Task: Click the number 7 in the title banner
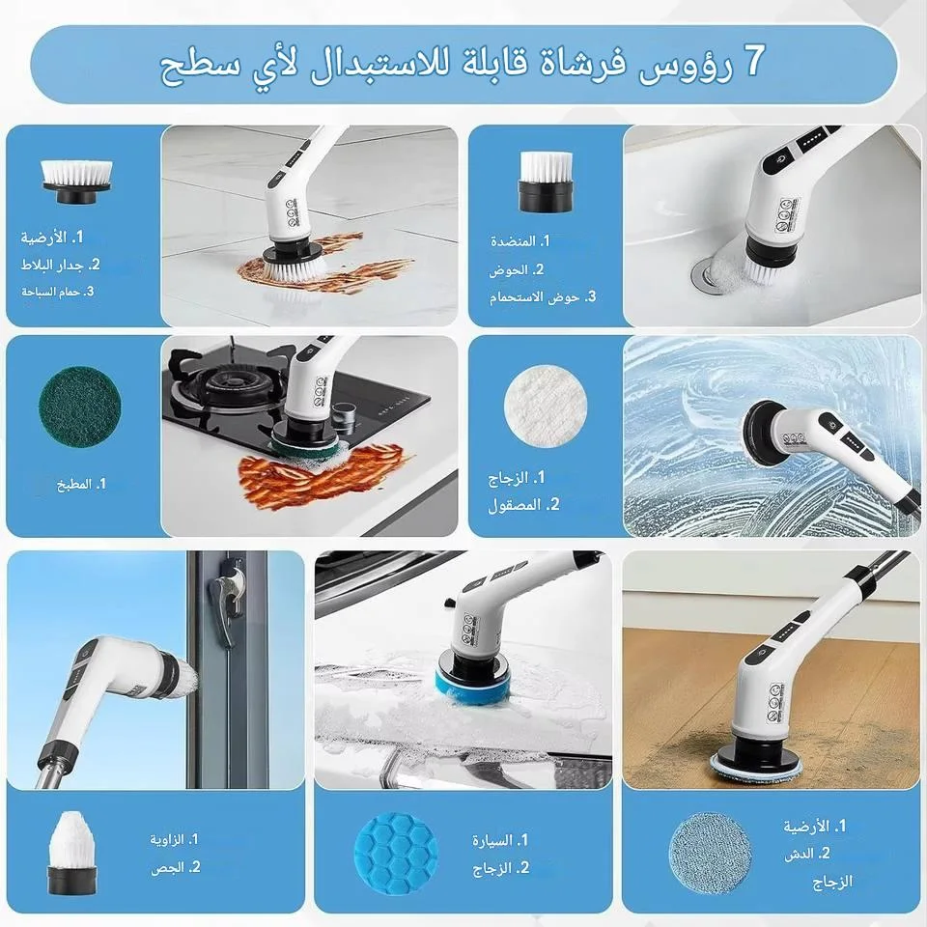pos(753,60)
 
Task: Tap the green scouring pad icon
pos(80,406)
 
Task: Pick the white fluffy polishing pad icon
pos(546,406)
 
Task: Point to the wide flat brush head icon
pos(76,182)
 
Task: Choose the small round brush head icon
pos(546,181)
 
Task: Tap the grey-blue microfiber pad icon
pos(710,854)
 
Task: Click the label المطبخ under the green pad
pos(74,485)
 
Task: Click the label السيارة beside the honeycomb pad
pos(492,840)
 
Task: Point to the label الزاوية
pos(166,839)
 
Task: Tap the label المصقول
pos(515,505)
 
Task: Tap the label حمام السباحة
pos(51,292)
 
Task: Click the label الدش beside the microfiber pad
pos(800,855)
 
